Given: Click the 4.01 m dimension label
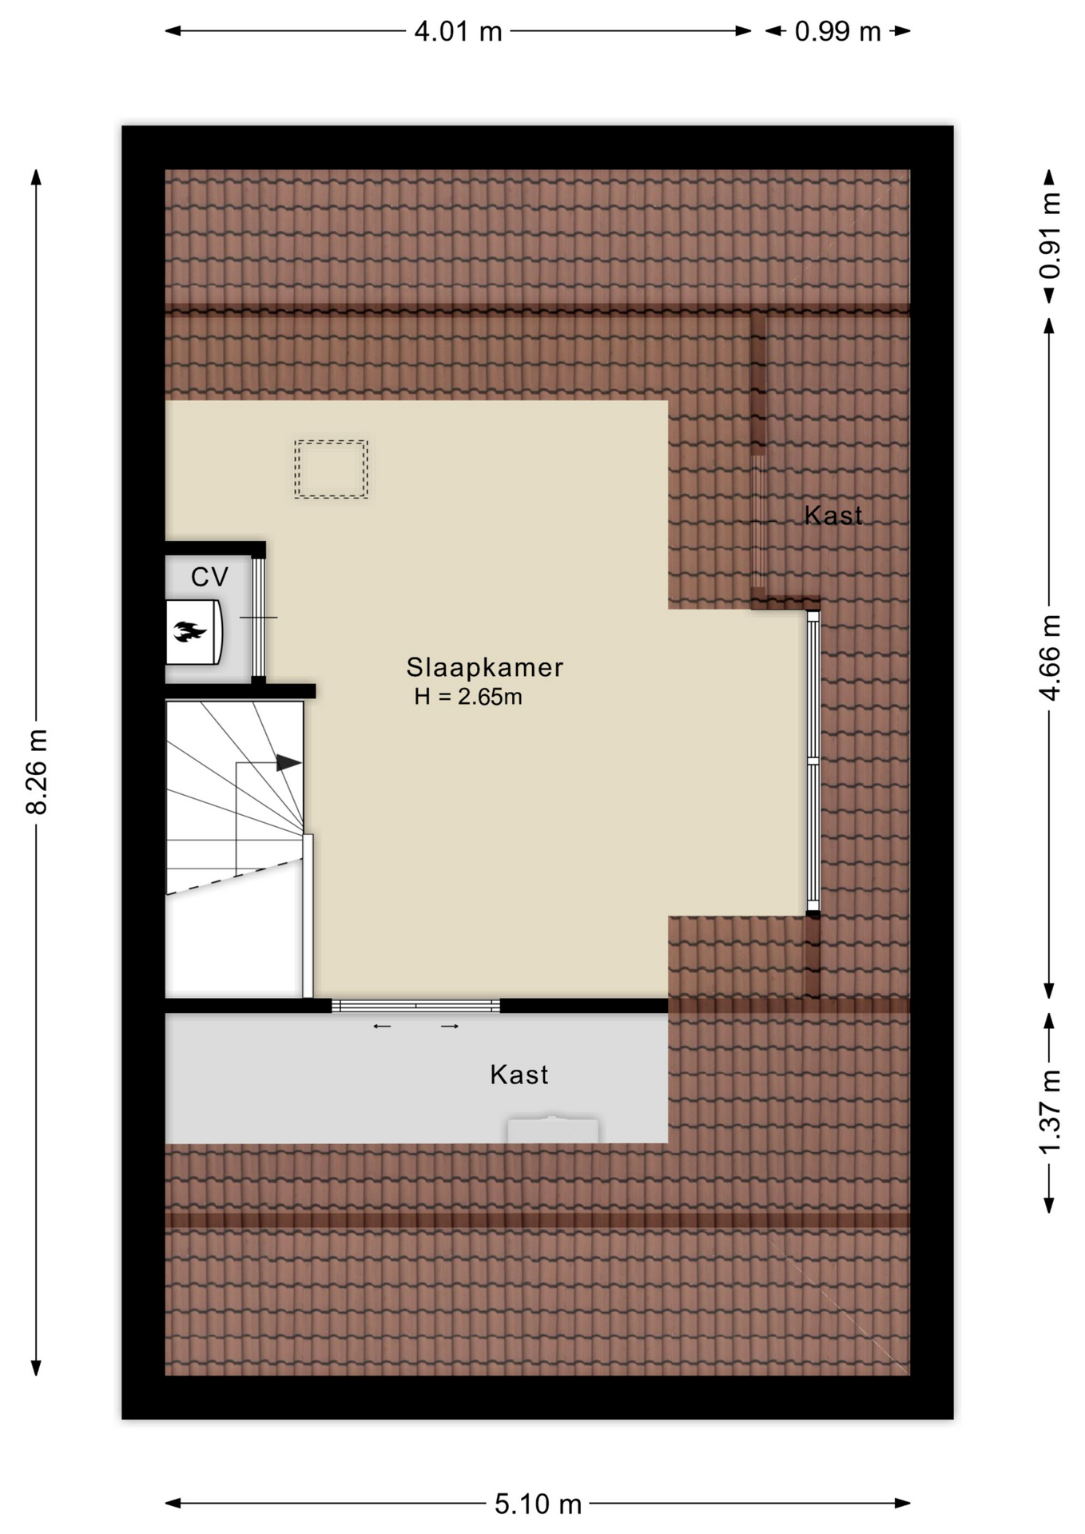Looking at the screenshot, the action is click(x=458, y=31).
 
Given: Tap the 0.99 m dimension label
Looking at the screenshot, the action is click(x=837, y=31).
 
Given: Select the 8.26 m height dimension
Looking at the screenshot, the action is click(x=37, y=771).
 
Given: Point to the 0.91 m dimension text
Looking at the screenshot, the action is click(x=1050, y=236).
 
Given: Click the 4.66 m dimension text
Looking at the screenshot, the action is click(x=1050, y=658).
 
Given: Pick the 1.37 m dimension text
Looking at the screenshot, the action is click(x=1050, y=1113).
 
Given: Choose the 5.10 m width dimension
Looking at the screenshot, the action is click(x=538, y=1504).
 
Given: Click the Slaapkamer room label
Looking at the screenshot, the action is click(x=485, y=667).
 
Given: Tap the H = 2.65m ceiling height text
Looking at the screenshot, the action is click(x=468, y=697).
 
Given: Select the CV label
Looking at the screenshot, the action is click(x=209, y=576).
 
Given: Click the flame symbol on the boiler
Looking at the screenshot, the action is click(x=190, y=632).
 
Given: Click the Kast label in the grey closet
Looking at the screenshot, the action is click(x=519, y=1075).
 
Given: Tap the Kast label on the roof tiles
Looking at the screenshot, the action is click(x=833, y=515).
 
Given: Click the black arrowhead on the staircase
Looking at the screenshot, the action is click(x=288, y=763).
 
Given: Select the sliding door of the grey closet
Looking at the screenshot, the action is click(x=415, y=1006).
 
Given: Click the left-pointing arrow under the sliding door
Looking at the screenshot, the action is click(x=382, y=1026).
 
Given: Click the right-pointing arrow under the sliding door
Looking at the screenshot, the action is click(x=450, y=1026).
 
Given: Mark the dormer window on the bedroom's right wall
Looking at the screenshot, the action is click(x=813, y=761).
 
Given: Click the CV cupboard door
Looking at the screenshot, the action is click(x=258, y=618).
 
